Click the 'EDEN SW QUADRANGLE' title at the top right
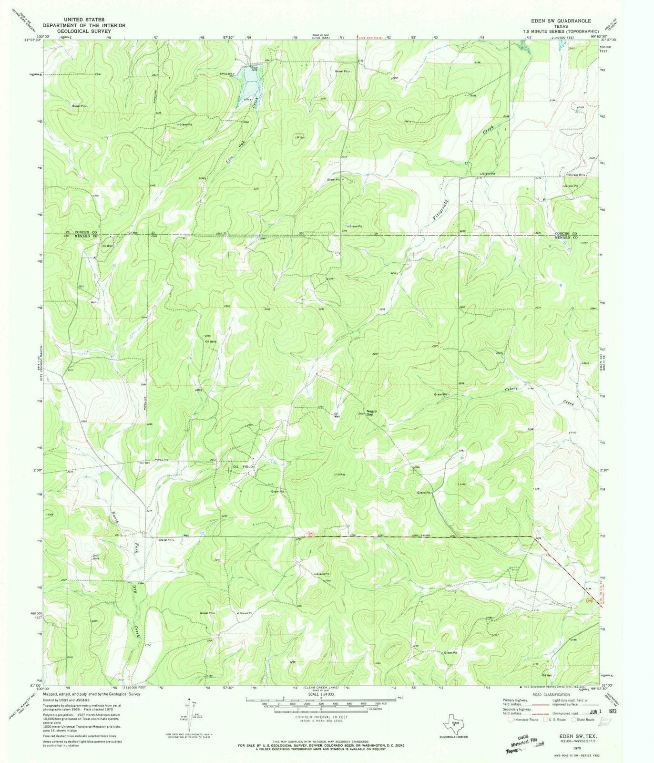[562, 21]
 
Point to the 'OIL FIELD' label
[244, 467]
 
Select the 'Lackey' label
[340, 474]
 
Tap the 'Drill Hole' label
[95, 557]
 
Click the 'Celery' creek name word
[511, 390]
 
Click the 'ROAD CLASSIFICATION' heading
[552, 695]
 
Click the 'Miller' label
[300, 137]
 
